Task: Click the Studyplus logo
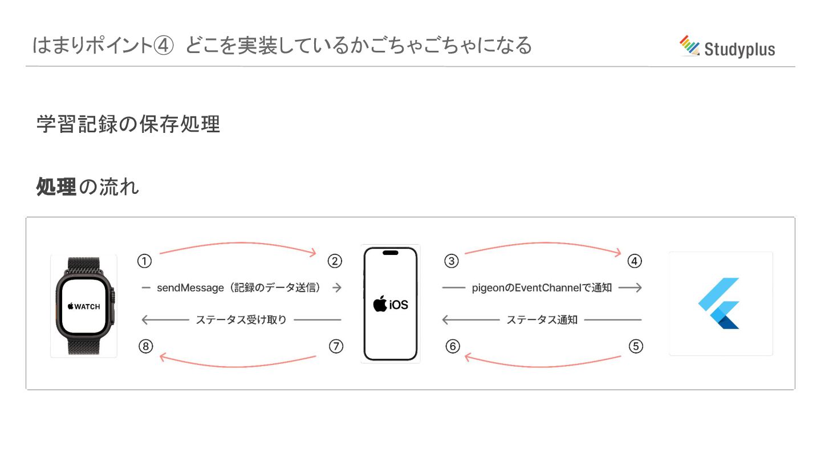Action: point(727,47)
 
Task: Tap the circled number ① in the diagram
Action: point(145,261)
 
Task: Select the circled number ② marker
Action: point(335,261)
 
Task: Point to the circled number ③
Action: point(452,261)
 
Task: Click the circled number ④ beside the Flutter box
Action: point(635,261)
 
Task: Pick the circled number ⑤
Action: point(636,346)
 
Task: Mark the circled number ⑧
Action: point(146,346)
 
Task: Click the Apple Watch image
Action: point(84,306)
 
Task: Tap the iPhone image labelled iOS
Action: point(391,304)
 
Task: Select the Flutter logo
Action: point(720,303)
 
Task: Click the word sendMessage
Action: point(190,288)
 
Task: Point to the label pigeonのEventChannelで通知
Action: point(542,288)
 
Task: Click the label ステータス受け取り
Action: point(241,320)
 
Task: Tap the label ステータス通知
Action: point(542,320)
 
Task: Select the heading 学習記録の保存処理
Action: point(128,124)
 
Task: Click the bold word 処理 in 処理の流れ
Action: point(56,187)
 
